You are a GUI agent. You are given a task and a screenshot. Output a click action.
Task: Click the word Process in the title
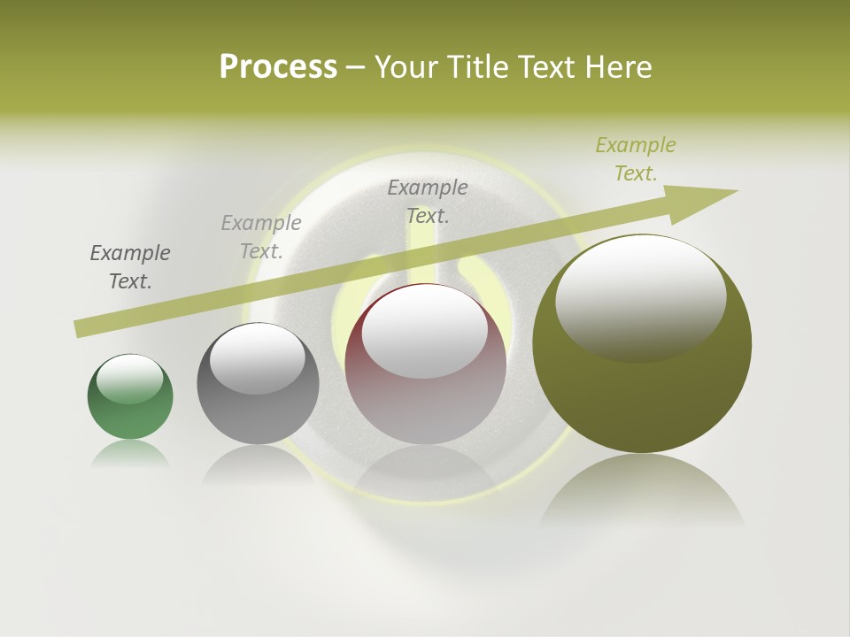point(278,67)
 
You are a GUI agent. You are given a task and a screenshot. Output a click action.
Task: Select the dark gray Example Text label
point(130,267)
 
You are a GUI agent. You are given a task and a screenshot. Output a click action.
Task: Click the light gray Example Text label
point(261,236)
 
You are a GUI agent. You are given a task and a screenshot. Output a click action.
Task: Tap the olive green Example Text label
point(636,159)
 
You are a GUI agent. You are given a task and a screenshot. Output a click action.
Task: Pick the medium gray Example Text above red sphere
point(428,201)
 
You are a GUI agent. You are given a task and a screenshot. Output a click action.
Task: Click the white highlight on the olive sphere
point(640,298)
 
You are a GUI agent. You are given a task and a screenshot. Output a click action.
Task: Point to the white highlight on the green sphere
point(130,380)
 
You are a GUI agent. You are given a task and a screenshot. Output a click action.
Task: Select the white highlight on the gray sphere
point(258,358)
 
